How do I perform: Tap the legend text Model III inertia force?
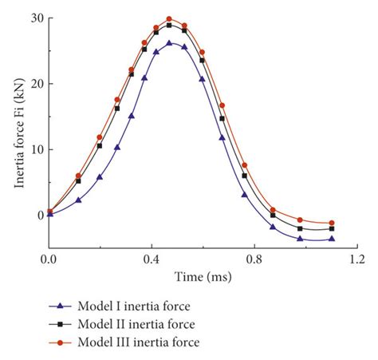tap(144, 342)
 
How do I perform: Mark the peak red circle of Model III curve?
tap(169, 19)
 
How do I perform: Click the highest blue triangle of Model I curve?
tap(169, 43)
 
